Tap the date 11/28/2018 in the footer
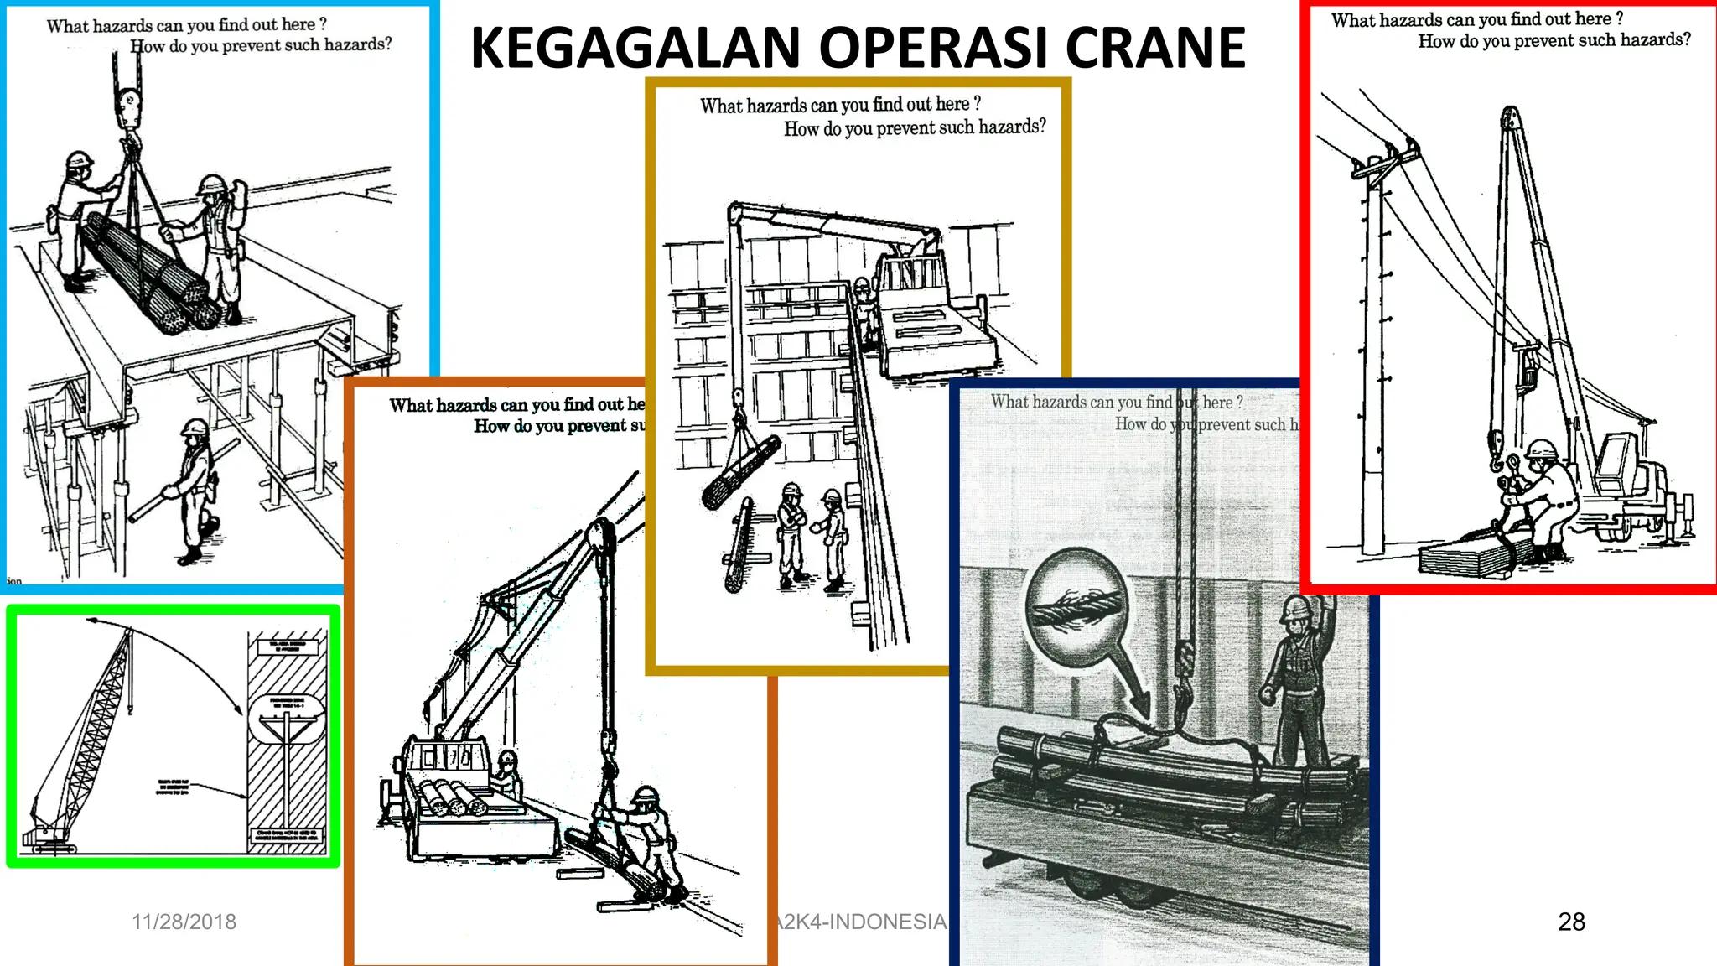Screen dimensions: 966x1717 point(184,922)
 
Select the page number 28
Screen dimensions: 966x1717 point(1571,922)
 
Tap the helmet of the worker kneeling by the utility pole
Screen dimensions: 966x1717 point(1541,450)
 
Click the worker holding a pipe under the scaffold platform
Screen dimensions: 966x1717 point(195,491)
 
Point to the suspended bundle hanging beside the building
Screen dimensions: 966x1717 point(741,473)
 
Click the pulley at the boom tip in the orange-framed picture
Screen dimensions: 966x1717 point(599,537)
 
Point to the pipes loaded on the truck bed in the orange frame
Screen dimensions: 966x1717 point(454,797)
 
